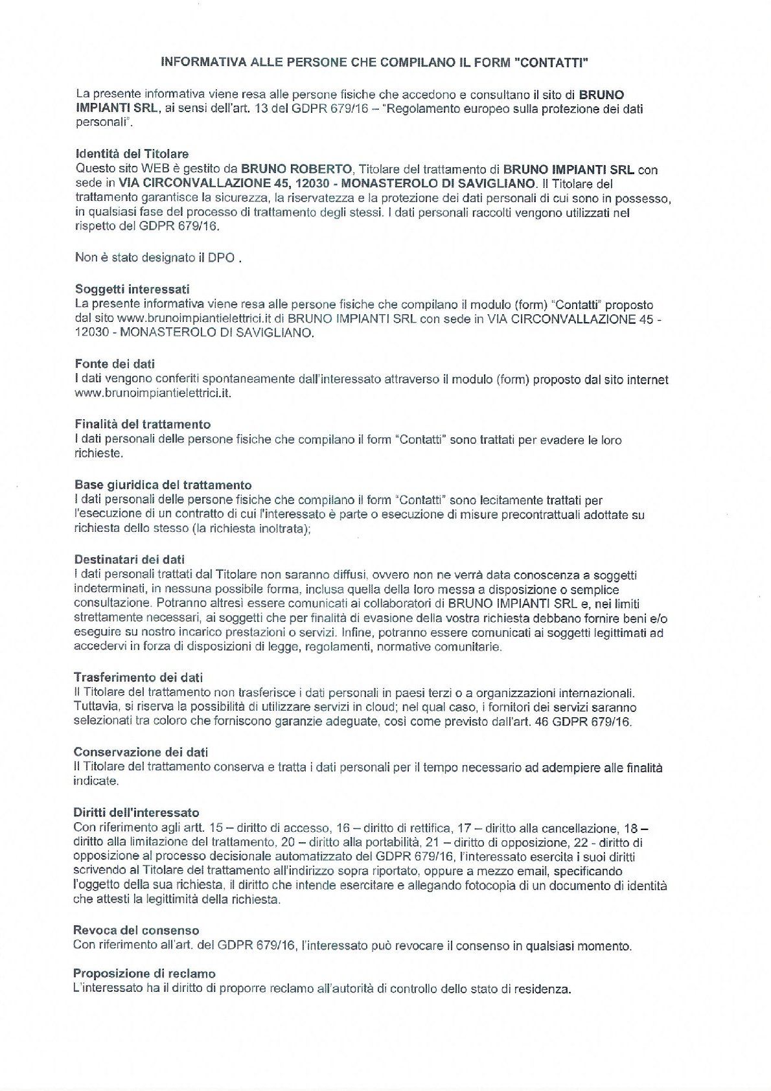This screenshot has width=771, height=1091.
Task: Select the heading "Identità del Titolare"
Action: [132, 154]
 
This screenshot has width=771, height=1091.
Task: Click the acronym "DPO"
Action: [221, 258]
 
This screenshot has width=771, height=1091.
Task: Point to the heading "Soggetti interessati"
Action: [132, 289]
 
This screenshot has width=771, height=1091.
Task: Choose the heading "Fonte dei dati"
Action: [115, 364]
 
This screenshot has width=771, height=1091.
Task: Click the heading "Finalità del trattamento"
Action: [143, 424]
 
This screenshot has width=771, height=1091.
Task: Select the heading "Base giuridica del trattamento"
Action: [163, 485]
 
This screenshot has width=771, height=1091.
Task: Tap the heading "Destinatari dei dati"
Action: [129, 559]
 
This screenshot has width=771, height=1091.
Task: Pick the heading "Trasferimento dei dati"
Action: [138, 678]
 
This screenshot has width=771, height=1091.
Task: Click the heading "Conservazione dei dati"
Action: [141, 752]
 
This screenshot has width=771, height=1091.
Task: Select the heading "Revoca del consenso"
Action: [135, 930]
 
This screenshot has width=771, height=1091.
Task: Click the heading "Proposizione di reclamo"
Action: [144, 974]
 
